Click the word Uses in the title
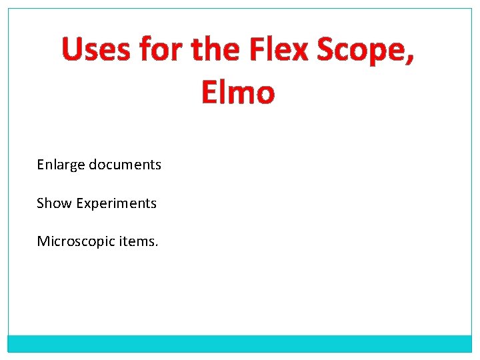96,51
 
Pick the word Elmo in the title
237,93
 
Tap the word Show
54,203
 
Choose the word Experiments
116,203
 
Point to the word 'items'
136,241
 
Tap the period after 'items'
157,245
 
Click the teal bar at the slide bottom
240,343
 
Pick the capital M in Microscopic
43,241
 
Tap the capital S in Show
40,203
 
